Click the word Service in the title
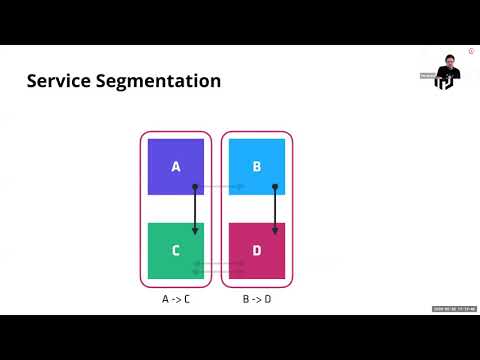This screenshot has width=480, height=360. (x=63, y=81)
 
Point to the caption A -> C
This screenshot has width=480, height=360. (x=176, y=299)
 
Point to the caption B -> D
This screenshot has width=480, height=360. (x=257, y=299)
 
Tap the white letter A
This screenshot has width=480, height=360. (x=176, y=166)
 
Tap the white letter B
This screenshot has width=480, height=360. (x=257, y=166)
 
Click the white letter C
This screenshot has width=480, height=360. (x=176, y=250)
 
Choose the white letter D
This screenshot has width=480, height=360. (x=257, y=250)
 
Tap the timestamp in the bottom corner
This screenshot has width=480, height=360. (x=455, y=308)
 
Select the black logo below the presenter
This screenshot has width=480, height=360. (x=444, y=82)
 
